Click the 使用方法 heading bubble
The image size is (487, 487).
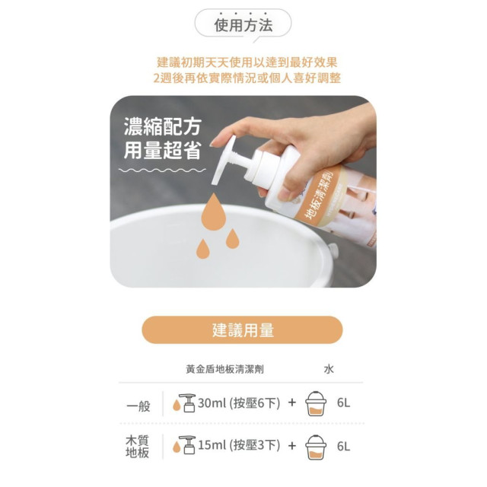click(243, 25)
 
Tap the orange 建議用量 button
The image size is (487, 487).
click(243, 329)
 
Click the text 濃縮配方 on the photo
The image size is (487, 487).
click(164, 125)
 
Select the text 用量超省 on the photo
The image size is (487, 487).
click(164, 150)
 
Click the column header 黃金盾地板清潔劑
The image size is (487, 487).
click(225, 369)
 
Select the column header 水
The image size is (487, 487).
click(329, 369)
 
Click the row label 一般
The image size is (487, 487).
click(138, 404)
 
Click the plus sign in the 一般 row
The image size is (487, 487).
click(292, 403)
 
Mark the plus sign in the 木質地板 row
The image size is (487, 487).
click(292, 446)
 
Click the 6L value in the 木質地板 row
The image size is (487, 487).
click(343, 446)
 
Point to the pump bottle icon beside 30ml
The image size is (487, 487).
click(186, 403)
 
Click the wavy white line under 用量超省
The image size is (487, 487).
click(164, 169)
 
